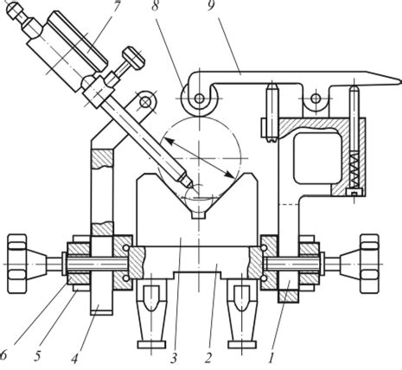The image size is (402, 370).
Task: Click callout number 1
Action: click(271, 359)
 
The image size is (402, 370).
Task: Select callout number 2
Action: click(208, 359)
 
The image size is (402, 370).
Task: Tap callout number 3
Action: click(173, 359)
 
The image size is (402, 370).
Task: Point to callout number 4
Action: click(74, 359)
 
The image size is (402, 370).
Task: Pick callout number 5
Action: click(37, 356)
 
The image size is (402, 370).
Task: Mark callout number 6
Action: click(3, 355)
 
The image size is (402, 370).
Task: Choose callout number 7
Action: click(116, 6)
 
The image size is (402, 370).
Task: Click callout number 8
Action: click(156, 6)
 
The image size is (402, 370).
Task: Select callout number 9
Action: click(211, 5)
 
